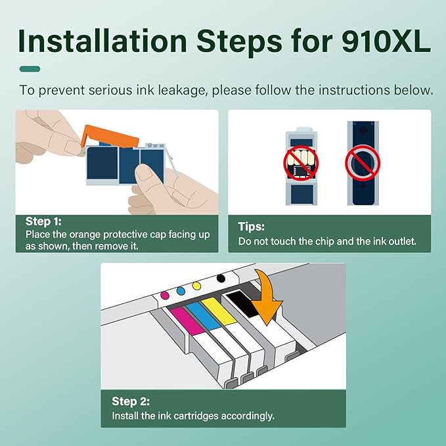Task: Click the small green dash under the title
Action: coord(30,68)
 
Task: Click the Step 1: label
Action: coord(44,221)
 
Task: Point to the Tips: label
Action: coord(251,226)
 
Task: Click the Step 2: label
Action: coord(130,401)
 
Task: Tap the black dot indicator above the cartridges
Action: coord(220,279)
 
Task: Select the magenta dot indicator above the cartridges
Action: coord(165,295)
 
